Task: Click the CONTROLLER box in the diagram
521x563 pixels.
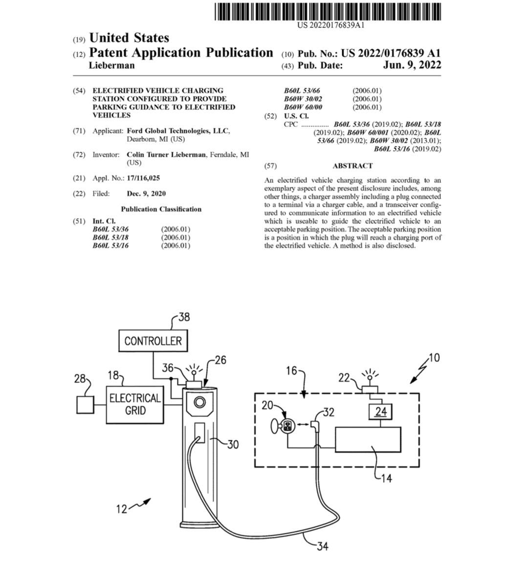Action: point(153,341)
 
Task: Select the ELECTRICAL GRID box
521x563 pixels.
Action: point(135,405)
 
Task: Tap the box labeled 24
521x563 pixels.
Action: point(380,411)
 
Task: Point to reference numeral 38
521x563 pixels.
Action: point(184,317)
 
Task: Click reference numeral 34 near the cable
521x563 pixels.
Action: point(323,546)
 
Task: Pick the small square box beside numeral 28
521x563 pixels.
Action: point(85,405)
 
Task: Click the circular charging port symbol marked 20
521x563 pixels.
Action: point(287,426)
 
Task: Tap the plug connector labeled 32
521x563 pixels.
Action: point(315,426)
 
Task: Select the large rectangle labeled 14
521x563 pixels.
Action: point(368,439)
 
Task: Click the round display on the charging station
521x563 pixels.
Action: point(199,402)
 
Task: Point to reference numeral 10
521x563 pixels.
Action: point(434,358)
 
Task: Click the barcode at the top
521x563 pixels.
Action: point(328,12)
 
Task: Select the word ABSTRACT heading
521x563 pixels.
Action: point(352,166)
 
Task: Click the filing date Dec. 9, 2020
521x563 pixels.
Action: point(146,194)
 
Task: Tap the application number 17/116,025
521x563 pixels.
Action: point(143,178)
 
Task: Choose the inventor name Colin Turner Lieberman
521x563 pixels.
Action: point(166,155)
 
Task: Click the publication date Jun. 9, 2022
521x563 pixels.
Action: point(412,65)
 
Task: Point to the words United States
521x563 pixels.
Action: point(129,38)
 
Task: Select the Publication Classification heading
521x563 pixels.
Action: point(161,209)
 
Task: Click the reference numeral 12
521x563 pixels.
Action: point(122,509)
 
